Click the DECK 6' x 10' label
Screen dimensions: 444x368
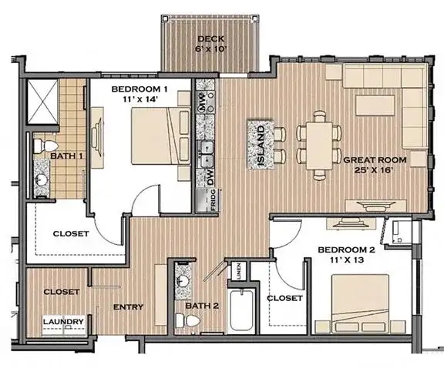(x=210, y=44)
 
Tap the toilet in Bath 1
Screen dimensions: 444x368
(x=45, y=146)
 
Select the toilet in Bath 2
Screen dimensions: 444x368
(x=187, y=321)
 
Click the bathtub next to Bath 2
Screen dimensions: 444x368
(x=241, y=310)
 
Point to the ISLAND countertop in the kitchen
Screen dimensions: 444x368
(x=261, y=145)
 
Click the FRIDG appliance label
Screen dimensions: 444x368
(x=213, y=199)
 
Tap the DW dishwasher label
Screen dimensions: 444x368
(x=210, y=177)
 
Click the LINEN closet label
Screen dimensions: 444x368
(x=238, y=271)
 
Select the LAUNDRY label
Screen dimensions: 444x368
(x=63, y=322)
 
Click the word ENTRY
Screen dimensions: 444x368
(x=128, y=306)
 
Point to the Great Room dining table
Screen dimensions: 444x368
(x=320, y=146)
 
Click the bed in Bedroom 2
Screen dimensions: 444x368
(x=360, y=303)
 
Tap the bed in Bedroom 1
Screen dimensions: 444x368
(x=161, y=135)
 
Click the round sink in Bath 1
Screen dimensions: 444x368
(x=41, y=179)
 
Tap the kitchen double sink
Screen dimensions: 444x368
(x=207, y=155)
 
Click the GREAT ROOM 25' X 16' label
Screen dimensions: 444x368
(x=375, y=165)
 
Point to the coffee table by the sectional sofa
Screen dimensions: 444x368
(x=375, y=105)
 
